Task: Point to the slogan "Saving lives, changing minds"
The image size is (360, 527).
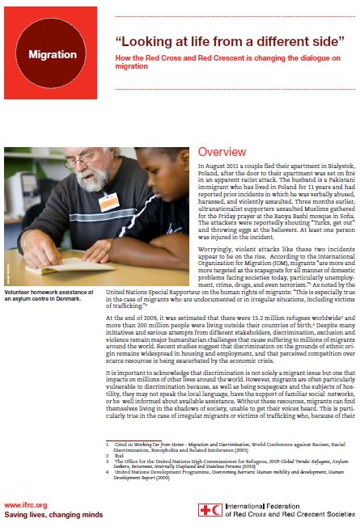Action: pyautogui.click(x=50, y=514)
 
